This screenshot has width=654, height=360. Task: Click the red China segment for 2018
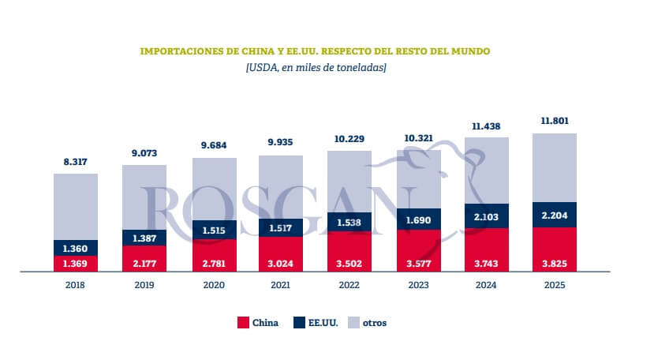tap(76, 263)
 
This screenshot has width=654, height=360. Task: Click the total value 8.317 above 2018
tap(76, 162)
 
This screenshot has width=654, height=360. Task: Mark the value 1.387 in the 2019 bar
tap(144, 238)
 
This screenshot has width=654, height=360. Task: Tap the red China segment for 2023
tap(418, 251)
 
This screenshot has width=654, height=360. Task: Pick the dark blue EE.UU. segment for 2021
tap(282, 227)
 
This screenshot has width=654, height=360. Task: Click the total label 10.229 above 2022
tap(349, 140)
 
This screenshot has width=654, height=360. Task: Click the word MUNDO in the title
tap(472, 51)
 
